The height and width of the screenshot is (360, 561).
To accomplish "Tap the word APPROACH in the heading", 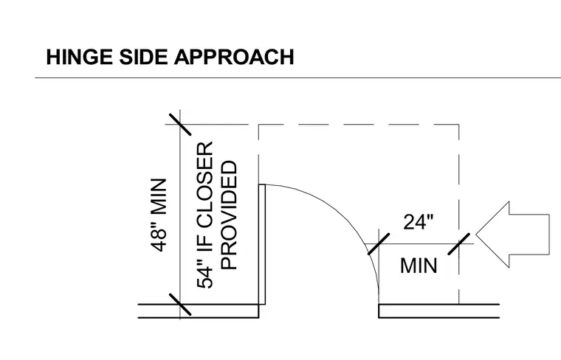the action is coord(234,58).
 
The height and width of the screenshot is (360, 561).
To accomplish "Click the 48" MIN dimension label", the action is coord(159,215).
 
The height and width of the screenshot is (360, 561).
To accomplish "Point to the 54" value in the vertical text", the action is coord(205,277).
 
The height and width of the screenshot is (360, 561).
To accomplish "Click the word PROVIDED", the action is coord(229,215).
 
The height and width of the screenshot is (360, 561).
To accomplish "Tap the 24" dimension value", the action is coord(418,222).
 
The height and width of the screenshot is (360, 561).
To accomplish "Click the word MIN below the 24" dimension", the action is coord(419,266).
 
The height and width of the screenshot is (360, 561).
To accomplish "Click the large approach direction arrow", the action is coord(512,235).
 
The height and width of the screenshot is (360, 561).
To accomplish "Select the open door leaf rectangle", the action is coord(262,244).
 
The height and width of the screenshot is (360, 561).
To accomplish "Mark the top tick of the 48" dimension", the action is coord(180,125).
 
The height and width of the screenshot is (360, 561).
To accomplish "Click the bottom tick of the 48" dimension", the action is coord(180,305).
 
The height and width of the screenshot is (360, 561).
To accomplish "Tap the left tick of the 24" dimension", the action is coord(379,244).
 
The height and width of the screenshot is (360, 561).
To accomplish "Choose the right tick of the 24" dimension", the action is coord(459,244).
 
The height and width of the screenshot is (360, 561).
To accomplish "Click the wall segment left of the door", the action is coord(199,311).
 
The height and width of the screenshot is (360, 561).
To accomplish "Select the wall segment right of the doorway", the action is coord(438,311).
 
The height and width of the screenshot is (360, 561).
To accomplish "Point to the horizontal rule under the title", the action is coord(297,77).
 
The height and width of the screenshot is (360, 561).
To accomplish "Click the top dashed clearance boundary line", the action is coord(359,125).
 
